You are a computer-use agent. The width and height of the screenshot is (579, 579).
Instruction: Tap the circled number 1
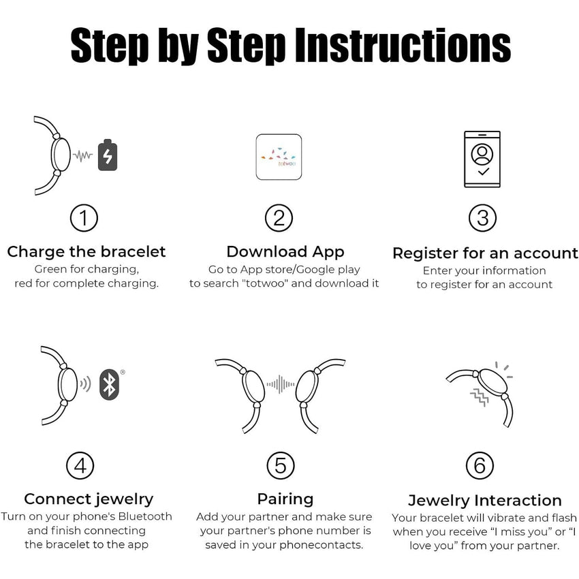tap(84, 218)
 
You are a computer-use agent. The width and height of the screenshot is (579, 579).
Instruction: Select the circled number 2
tap(279, 218)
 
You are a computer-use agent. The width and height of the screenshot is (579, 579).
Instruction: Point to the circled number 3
tap(483, 218)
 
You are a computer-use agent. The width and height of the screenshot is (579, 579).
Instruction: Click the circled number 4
tap(80, 466)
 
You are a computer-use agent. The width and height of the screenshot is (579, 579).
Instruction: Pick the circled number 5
tap(281, 466)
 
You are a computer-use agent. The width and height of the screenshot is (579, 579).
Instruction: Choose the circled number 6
tap(480, 466)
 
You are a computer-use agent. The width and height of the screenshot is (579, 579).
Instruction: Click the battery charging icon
tap(108, 155)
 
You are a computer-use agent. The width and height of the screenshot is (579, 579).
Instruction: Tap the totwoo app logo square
tap(279, 157)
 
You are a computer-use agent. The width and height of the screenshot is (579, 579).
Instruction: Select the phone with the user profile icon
tap(482, 159)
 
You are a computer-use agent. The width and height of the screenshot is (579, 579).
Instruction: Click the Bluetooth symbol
tap(109, 384)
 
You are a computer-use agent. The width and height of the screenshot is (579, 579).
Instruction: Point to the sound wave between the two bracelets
tap(281, 384)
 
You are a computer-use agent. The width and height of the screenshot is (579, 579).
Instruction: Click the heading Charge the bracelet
tap(87, 252)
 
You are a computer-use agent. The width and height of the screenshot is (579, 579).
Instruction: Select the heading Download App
tap(285, 252)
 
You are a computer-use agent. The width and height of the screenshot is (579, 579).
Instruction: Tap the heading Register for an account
tap(485, 253)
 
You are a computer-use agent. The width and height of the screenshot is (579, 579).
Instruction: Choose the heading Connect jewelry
tap(89, 499)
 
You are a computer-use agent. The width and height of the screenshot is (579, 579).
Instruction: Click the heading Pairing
tap(285, 499)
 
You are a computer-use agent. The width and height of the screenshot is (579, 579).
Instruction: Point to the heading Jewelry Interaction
tap(485, 501)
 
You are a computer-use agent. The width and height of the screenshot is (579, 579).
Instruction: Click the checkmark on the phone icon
tap(484, 172)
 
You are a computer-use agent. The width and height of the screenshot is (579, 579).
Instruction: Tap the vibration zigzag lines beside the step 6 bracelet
tap(480, 397)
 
